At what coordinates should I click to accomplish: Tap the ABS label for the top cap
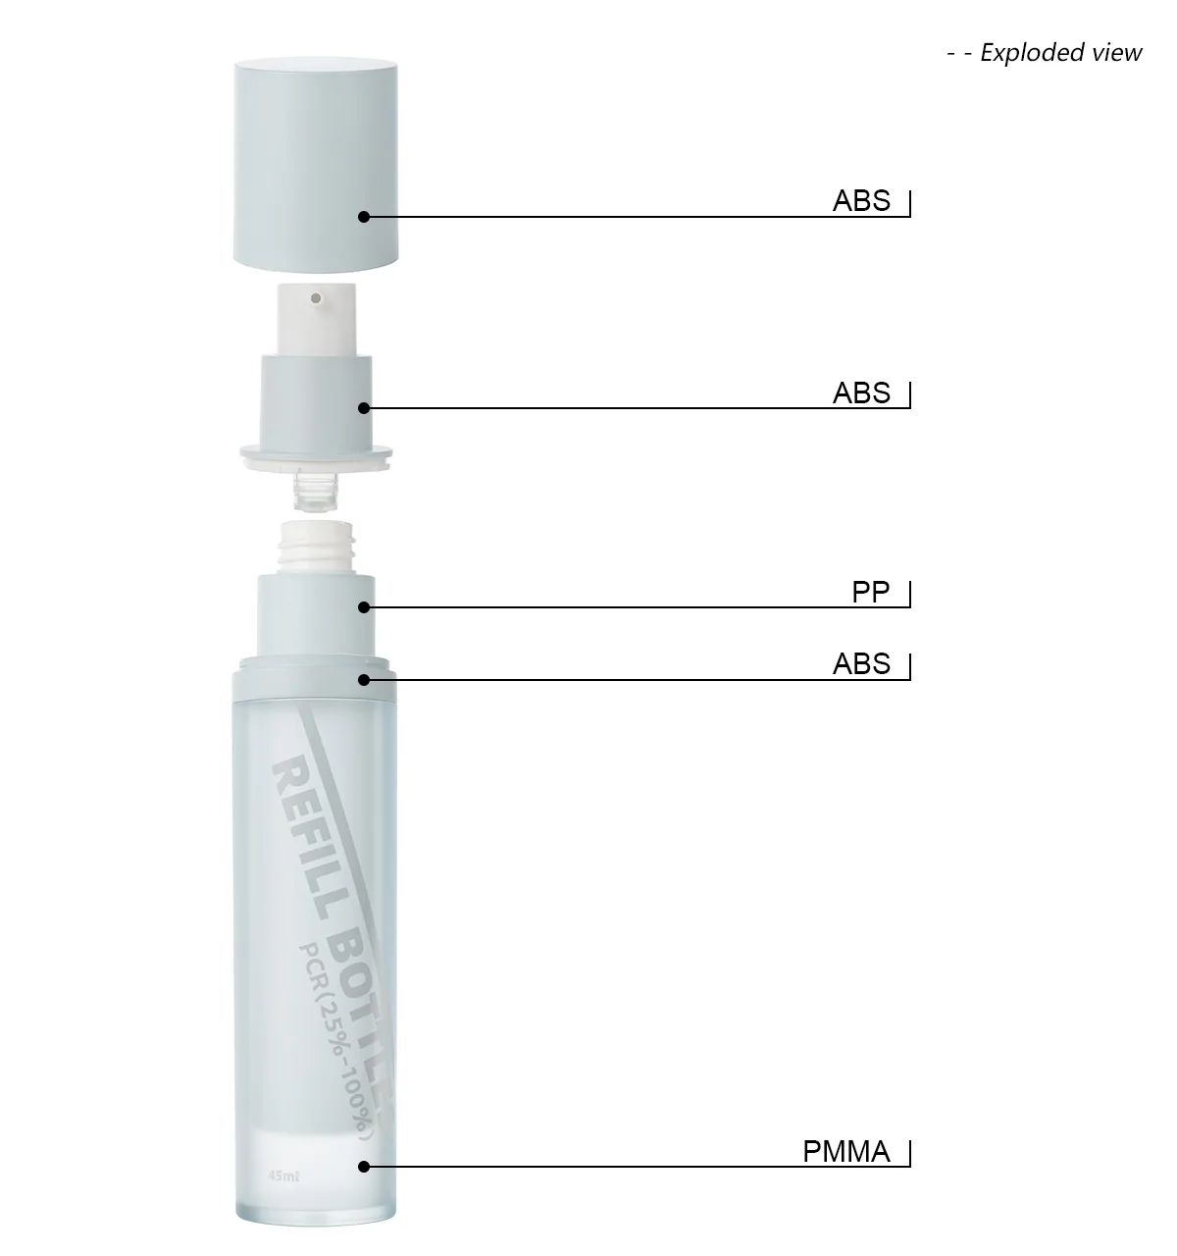861,200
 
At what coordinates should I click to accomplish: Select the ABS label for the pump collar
861,392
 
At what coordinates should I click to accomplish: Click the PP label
870,593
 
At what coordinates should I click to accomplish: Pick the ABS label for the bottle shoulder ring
861,664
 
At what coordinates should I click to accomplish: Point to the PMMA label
846,1151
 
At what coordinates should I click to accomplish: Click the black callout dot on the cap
364,217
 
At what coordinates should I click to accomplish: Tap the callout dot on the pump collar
364,408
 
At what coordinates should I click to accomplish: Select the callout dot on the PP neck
364,607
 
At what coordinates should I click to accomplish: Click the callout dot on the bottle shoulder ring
364,679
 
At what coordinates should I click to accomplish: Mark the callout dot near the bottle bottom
364,1167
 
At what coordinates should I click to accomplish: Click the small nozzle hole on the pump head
316,295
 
